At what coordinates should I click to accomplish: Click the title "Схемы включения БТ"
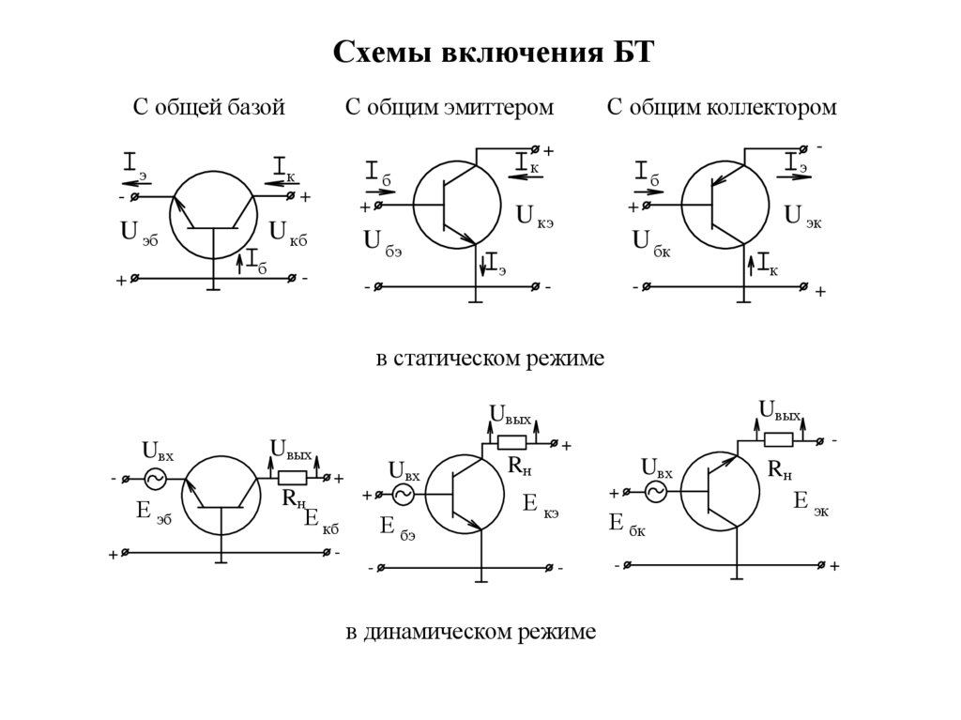click(x=492, y=52)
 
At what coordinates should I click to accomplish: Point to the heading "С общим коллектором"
click(x=721, y=108)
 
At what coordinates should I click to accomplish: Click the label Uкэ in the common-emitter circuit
click(x=538, y=217)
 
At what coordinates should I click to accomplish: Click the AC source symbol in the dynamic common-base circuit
click(x=152, y=479)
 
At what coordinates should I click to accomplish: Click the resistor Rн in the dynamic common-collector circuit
click(x=778, y=439)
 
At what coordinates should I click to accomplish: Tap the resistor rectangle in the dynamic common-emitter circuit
click(x=511, y=443)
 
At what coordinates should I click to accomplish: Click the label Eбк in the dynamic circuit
click(x=627, y=524)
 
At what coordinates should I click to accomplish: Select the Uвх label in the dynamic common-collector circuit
click(x=656, y=467)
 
